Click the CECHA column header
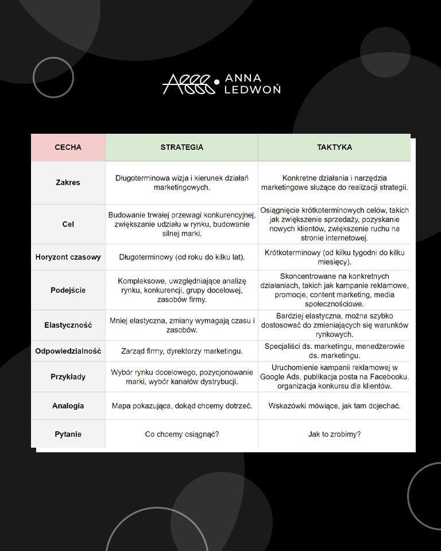[68, 147]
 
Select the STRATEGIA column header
[181, 147]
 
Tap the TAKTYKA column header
[334, 147]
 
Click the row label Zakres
[68, 183]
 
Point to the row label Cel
[68, 224]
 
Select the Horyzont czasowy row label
[68, 257]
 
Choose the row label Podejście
[68, 290]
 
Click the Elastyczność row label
[68, 325]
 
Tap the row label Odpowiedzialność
[68, 351]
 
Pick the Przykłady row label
[68, 377]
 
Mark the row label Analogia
[68, 406]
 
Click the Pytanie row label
[68, 434]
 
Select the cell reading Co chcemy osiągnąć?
[181, 434]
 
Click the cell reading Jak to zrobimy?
[334, 434]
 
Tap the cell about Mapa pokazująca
[181, 406]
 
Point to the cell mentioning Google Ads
[334, 377]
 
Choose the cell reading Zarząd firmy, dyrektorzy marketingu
[181, 351]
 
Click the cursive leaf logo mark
[189, 84]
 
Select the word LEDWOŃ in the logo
[253, 90]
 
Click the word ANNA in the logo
[243, 77]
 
